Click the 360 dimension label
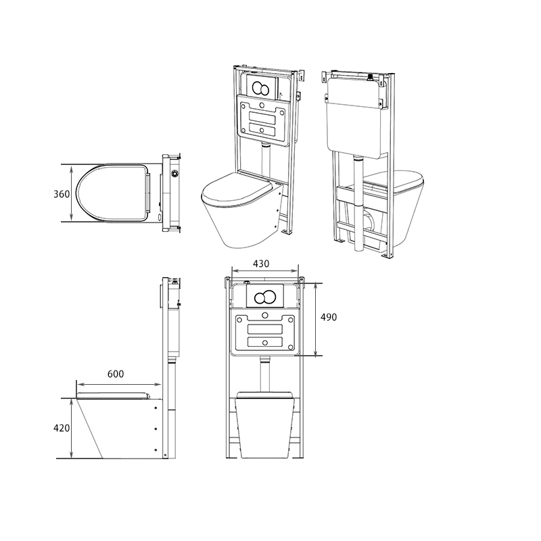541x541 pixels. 61,194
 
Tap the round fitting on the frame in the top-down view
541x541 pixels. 177,173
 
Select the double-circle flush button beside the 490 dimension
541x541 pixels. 264,297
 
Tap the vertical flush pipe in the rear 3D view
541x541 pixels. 356,203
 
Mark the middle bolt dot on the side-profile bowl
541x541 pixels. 157,428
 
